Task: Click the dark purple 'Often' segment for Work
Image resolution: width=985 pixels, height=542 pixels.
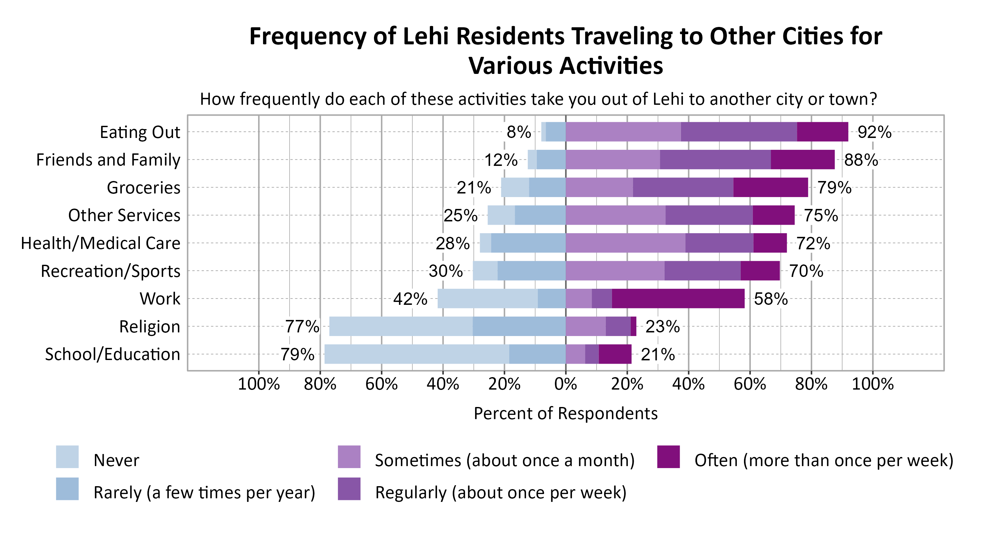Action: (678, 298)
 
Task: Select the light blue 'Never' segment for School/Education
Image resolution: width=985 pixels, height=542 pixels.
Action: (416, 354)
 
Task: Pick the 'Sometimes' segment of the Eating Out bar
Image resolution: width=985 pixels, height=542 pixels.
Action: (623, 132)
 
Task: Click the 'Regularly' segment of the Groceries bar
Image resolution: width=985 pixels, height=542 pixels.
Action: (683, 188)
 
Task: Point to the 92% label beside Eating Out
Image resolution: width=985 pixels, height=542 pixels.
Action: (874, 132)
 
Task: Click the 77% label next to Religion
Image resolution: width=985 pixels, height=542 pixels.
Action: (302, 327)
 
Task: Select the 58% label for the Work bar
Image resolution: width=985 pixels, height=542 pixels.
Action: (771, 299)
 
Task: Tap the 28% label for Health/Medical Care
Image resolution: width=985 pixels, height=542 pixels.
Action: (452, 243)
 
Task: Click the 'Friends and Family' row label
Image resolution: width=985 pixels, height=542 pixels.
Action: (108, 160)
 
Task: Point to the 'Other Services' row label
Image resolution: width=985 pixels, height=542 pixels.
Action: (124, 215)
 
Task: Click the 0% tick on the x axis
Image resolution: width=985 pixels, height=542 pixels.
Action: (565, 384)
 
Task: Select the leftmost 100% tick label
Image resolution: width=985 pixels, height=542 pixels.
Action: (259, 384)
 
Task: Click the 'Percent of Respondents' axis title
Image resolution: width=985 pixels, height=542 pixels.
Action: (565, 414)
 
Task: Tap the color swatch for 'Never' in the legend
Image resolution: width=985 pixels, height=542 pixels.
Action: (67, 457)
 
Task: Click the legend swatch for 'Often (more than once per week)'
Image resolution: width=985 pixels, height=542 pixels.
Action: (668, 457)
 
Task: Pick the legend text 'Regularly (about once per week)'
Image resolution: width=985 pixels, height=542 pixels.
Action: (500, 493)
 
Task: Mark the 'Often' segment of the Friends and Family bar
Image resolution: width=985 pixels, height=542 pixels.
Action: (802, 160)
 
